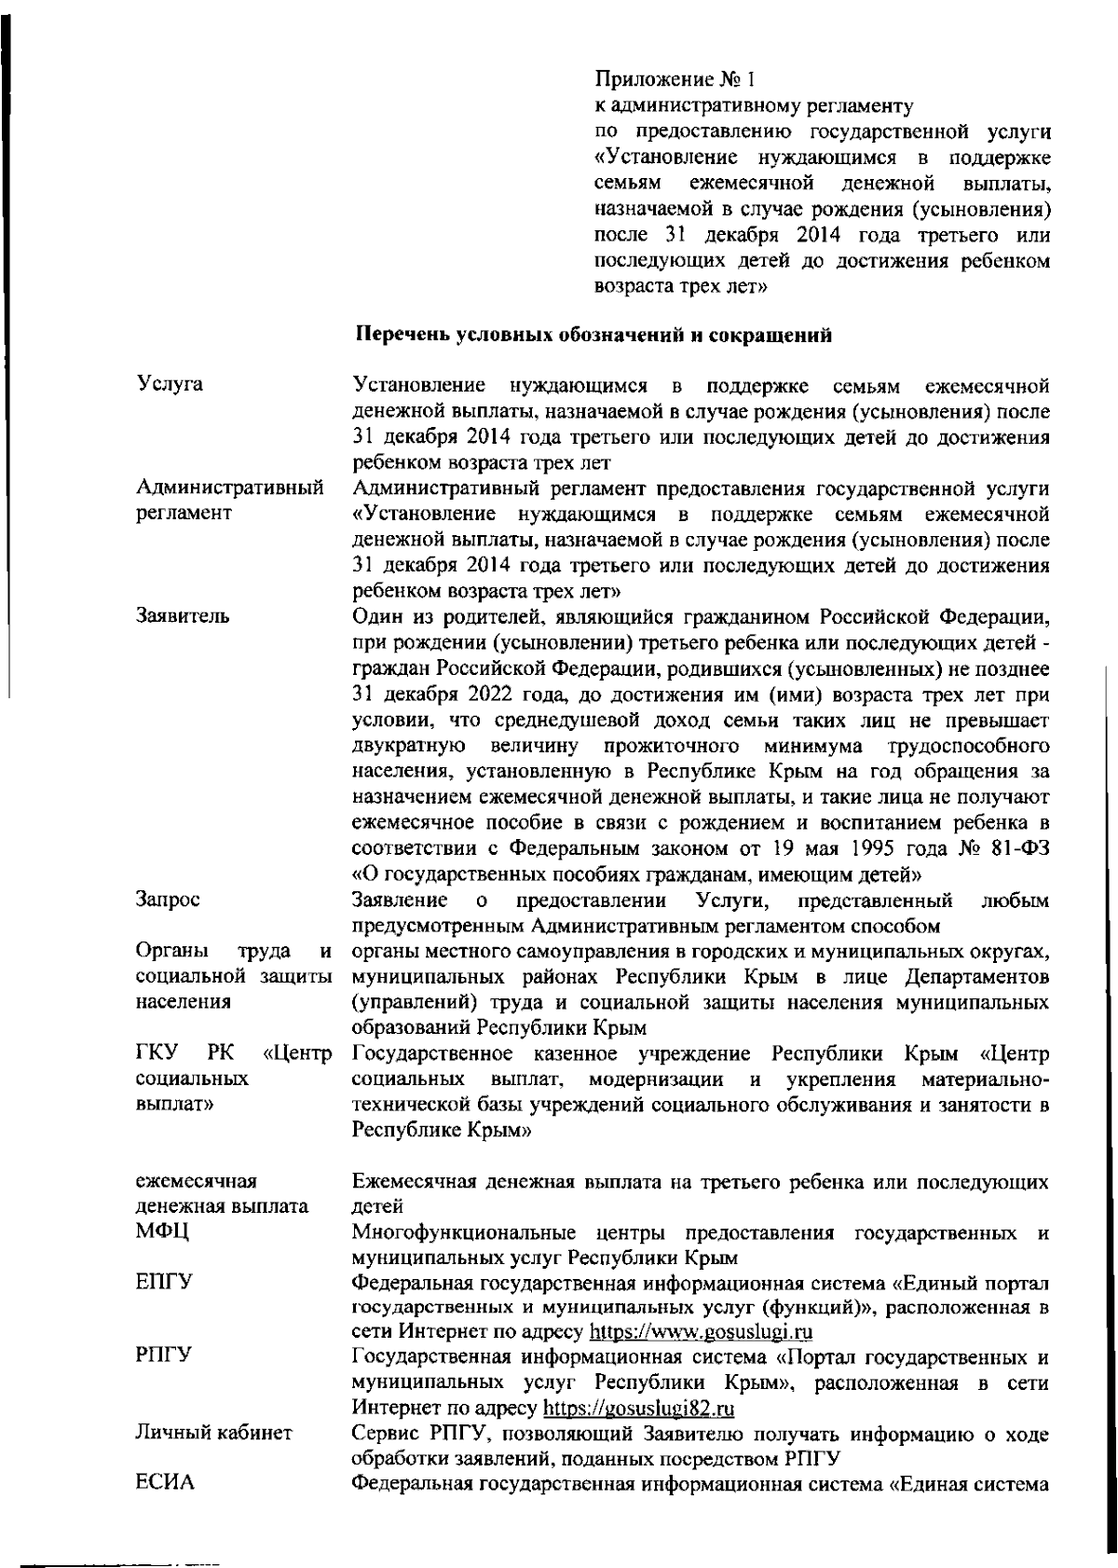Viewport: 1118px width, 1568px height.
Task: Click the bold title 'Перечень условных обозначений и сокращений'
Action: (x=594, y=336)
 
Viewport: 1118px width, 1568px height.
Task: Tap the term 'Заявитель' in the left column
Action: (x=183, y=616)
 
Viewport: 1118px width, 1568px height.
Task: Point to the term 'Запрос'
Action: (x=168, y=900)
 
